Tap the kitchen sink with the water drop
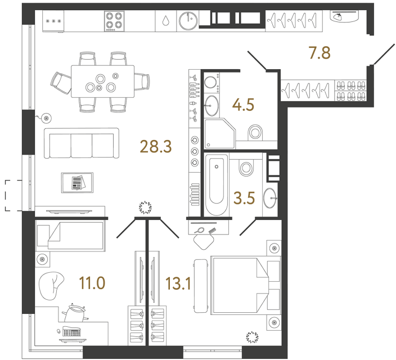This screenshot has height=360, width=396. [165, 21]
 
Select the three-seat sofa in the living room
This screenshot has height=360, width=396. [83, 144]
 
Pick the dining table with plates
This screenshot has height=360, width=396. [102, 81]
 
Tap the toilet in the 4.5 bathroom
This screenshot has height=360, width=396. [255, 133]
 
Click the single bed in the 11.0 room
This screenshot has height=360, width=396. [70, 235]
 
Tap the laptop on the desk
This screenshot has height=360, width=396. [71, 331]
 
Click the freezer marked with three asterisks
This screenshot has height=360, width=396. [54, 21]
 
